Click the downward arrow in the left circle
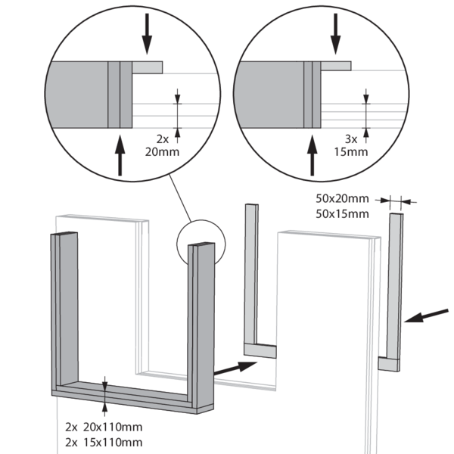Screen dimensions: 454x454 (x=148, y=33)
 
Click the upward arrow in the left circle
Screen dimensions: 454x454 (x=120, y=155)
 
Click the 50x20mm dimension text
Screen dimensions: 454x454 (x=342, y=200)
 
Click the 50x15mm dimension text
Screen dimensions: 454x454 (x=342, y=214)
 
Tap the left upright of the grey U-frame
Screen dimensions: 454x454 (x=64, y=310)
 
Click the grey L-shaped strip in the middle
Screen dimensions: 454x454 (x=252, y=288)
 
